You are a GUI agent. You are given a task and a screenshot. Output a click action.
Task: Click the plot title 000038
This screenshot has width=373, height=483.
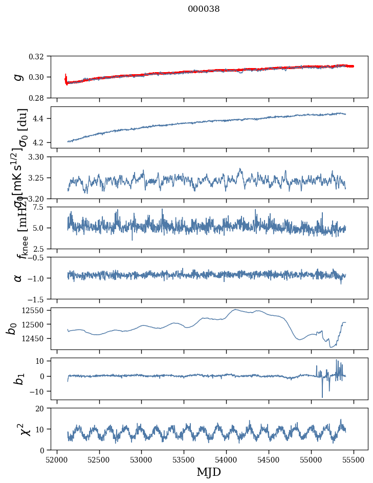(x=204, y=9)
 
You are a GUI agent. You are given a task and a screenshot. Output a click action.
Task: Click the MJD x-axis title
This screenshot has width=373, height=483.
(x=209, y=472)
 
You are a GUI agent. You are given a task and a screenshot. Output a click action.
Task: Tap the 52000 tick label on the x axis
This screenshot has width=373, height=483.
(x=57, y=459)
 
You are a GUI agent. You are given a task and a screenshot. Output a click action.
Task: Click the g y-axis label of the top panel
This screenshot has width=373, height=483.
(x=18, y=77)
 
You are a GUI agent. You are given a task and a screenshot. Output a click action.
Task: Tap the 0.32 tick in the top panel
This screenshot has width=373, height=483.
(x=40, y=56)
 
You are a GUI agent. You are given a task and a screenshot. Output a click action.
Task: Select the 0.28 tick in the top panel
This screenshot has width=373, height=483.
(x=40, y=98)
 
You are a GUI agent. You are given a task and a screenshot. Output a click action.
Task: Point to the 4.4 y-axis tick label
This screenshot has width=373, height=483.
(x=42, y=118)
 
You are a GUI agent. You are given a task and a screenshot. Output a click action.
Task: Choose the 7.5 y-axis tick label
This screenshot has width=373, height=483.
(x=42, y=207)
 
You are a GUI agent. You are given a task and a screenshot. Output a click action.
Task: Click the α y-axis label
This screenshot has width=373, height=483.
(x=18, y=278)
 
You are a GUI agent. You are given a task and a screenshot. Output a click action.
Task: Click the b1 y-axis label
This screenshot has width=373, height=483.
(x=18, y=379)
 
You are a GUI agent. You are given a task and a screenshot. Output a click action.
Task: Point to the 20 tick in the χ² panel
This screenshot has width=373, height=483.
(x=43, y=408)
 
